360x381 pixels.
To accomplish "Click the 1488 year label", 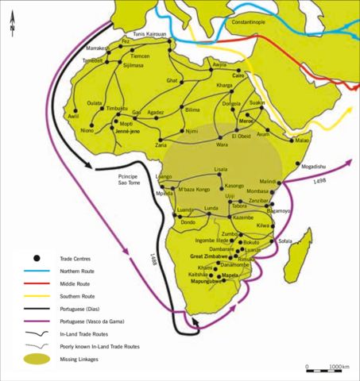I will point(151,260).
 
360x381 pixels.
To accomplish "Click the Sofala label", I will point(287,241).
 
